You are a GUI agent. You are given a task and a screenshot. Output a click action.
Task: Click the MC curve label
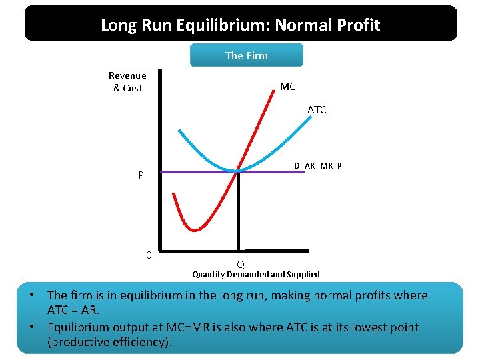pyautogui.click(x=287, y=87)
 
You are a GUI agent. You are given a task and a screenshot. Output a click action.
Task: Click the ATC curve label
pyautogui.click(x=317, y=110)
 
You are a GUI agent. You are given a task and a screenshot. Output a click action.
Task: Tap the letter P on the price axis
pyautogui.click(x=141, y=176)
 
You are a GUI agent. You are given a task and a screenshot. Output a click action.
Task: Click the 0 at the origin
pyautogui.click(x=149, y=255)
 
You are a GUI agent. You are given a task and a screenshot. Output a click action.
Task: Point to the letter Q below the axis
pyautogui.click(x=241, y=264)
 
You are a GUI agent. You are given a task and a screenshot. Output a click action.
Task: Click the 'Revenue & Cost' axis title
pyautogui.click(x=127, y=81)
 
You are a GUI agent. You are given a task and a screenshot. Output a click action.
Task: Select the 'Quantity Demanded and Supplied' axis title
pyautogui.click(x=256, y=275)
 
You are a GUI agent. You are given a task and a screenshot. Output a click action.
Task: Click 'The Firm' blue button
pyautogui.click(x=247, y=55)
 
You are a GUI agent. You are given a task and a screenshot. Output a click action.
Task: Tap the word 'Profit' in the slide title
pyautogui.click(x=357, y=25)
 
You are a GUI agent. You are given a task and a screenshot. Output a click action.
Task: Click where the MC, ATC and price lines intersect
pyautogui.click(x=237, y=171)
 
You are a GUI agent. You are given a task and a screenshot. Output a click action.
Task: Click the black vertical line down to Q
pyautogui.click(x=238, y=213)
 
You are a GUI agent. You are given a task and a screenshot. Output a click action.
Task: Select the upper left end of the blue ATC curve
pyautogui.click(x=179, y=130)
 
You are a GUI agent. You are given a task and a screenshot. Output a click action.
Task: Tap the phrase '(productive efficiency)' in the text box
pyautogui.click(x=109, y=343)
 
